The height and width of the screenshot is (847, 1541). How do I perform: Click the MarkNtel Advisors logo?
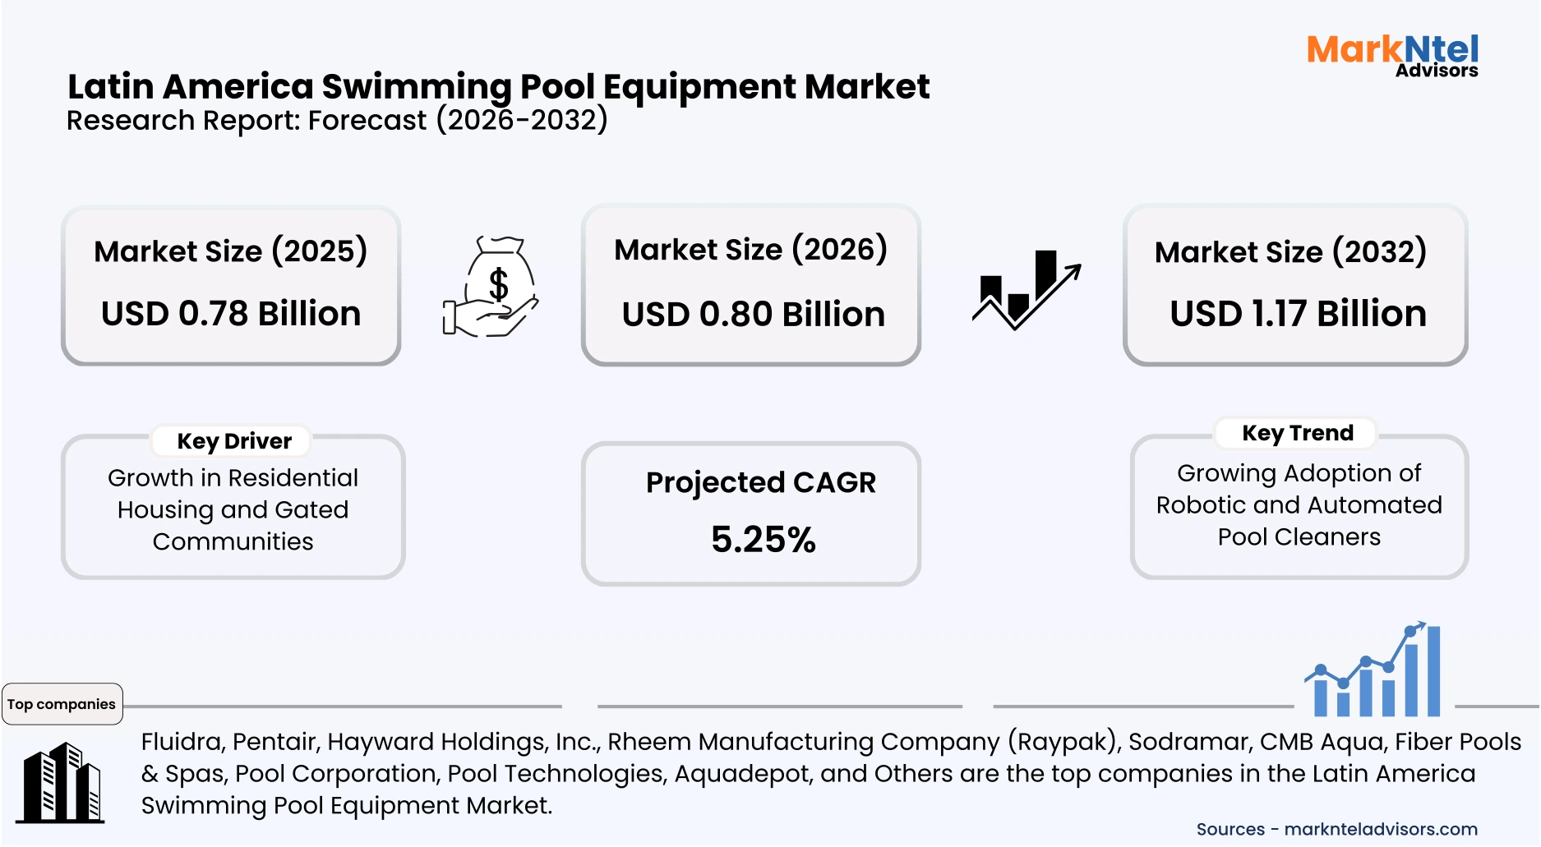(x=1392, y=56)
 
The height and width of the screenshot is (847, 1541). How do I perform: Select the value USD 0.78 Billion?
(x=231, y=314)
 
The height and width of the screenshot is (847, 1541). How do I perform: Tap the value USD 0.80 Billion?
(x=753, y=315)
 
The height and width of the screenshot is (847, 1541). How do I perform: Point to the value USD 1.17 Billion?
(x=1298, y=314)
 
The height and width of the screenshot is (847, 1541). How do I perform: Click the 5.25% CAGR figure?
(x=763, y=540)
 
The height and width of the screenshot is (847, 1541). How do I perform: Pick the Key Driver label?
(x=234, y=441)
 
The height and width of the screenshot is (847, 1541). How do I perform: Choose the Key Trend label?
(x=1297, y=433)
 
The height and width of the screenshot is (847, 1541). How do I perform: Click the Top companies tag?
(x=62, y=704)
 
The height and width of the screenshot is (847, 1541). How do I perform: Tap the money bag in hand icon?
(x=491, y=288)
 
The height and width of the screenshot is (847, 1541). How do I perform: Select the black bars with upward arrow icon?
(x=1026, y=290)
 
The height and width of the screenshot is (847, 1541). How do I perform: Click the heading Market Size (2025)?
(x=230, y=251)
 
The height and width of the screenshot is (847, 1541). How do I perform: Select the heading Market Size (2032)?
(x=1290, y=252)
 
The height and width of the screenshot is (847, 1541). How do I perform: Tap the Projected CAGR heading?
(x=760, y=483)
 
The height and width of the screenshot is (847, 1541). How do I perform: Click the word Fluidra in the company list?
(x=182, y=742)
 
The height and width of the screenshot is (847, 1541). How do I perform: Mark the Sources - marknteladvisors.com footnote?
(x=1336, y=830)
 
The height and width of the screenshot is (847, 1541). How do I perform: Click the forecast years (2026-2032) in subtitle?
(x=522, y=121)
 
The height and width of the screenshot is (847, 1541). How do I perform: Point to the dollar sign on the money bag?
(x=498, y=284)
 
